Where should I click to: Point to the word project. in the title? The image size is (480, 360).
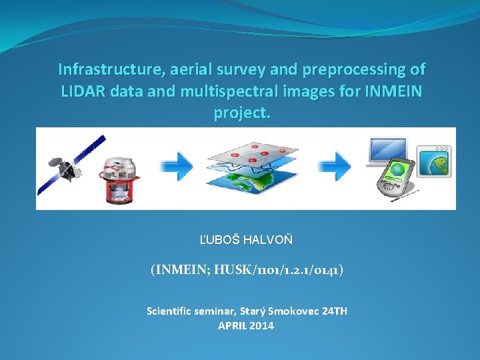click(x=242, y=113)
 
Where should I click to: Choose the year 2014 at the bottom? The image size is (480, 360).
click(x=261, y=326)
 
